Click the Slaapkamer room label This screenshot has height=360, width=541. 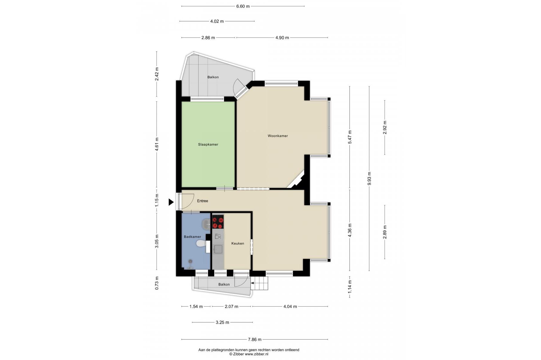[208, 144]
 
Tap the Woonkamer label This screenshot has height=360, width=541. [278, 136]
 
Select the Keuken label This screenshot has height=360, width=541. [238, 243]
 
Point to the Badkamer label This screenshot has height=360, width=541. [192, 237]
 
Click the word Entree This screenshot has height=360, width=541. [203, 201]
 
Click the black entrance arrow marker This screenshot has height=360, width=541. [171, 202]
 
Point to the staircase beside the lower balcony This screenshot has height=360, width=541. [259, 283]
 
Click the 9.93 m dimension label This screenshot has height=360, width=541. [369, 178]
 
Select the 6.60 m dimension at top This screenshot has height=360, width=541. [243, 6]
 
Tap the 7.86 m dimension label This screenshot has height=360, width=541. [254, 340]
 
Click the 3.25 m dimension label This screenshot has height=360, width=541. [222, 322]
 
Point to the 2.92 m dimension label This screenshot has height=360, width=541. [385, 127]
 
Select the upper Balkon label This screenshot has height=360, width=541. [213, 77]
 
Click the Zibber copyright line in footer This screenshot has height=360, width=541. [249, 354]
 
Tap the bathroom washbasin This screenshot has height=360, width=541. [206, 224]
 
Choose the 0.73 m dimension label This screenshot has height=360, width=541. [157, 283]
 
